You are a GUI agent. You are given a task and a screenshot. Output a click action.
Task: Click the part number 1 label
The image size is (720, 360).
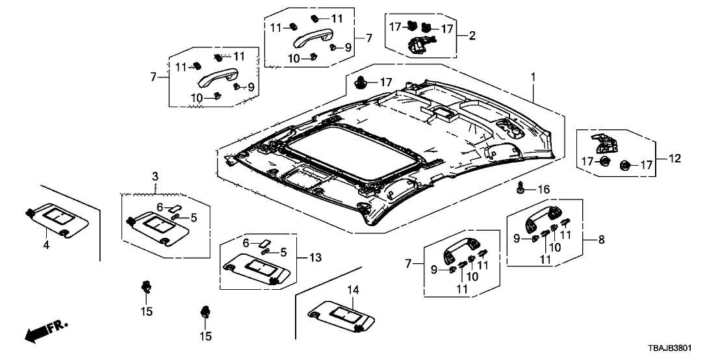click(534, 77)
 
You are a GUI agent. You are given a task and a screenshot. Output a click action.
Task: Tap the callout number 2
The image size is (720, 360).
click(472, 36)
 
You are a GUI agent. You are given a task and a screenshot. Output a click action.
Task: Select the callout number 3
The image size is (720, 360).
click(155, 177)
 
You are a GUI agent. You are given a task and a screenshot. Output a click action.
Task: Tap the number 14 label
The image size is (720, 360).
click(352, 290)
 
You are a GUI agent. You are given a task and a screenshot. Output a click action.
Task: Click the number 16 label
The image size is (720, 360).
click(543, 189)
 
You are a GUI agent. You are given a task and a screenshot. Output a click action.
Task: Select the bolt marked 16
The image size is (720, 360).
click(521, 188)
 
